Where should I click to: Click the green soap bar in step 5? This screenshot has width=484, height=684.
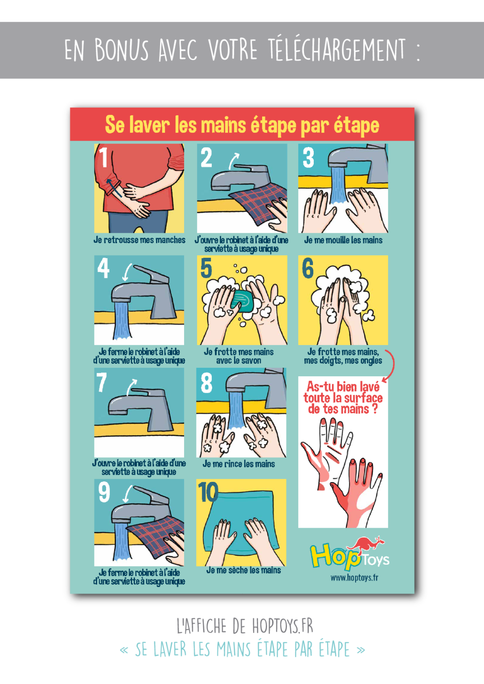click(x=242, y=301)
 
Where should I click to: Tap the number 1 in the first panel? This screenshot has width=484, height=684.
click(x=103, y=157)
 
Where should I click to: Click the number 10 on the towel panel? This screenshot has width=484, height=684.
click(x=208, y=492)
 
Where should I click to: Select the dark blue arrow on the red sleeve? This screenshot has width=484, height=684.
click(x=114, y=187)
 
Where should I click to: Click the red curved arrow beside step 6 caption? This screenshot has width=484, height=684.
click(x=391, y=365)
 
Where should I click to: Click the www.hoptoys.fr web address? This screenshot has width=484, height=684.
click(x=354, y=578)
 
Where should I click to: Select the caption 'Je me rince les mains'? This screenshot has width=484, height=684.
click(x=238, y=464)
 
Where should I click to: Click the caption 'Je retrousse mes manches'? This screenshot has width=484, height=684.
click(x=139, y=240)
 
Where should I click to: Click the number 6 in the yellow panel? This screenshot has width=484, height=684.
click(x=308, y=268)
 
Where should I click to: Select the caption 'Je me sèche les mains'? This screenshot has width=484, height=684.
click(x=243, y=570)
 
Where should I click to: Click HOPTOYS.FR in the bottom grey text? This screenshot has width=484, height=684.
click(x=283, y=626)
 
